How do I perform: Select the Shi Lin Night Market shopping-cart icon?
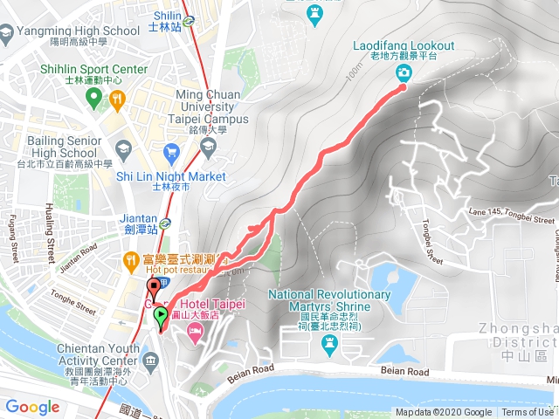[x=171, y=152]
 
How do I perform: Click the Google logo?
[x=32, y=407]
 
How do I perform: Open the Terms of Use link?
[x=528, y=412]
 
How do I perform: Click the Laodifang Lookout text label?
[x=404, y=45]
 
